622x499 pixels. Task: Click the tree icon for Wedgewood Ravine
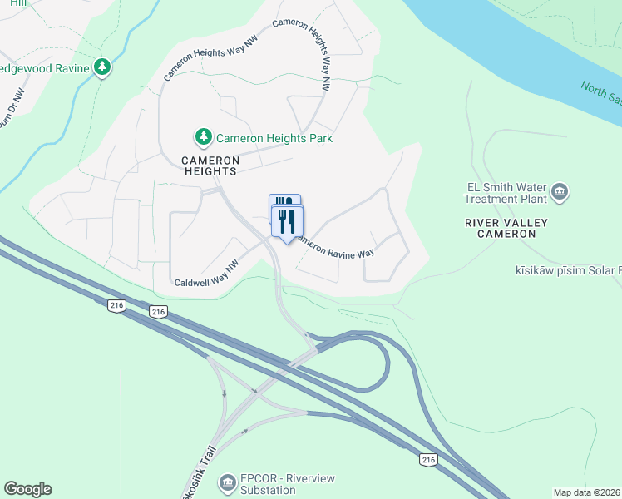[102, 67]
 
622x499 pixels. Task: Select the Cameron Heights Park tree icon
[203, 137]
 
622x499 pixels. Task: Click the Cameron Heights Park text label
[274, 138]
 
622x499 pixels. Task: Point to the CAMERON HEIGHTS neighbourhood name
[210, 166]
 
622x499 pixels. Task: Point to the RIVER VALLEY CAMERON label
[501, 229]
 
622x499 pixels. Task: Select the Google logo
[27, 489]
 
